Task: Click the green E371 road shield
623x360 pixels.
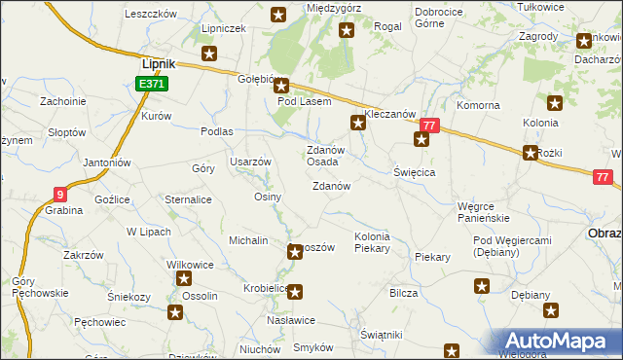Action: click(153, 85)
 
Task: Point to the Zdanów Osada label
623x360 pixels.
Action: click(323, 156)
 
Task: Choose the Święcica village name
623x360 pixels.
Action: click(414, 171)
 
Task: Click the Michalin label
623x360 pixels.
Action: click(248, 239)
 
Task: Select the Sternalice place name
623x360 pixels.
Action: click(188, 199)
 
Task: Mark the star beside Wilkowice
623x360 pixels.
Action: click(185, 280)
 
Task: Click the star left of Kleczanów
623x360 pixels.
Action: click(357, 123)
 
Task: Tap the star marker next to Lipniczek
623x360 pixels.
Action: click(208, 54)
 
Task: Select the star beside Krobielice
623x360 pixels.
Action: click(295, 290)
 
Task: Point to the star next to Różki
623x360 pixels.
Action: click(531, 153)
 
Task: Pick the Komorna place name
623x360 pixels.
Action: click(478, 105)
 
